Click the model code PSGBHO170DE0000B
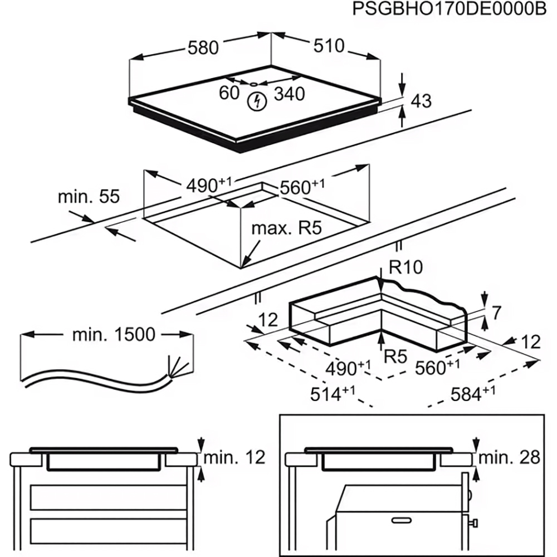coord(449,9)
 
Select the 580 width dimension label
coord(203,47)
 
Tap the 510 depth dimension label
coord(329,46)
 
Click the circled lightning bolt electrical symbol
coord(257,101)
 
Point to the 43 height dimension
coord(421,101)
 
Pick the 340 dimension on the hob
coord(290,94)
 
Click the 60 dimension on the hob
coord(229,93)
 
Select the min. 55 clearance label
coord(89,197)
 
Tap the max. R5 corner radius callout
coord(286,228)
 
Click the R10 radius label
coord(405,267)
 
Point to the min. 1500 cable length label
coord(114,334)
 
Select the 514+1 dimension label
coord(333,394)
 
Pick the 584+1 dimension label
coord(473,394)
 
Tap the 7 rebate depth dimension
coord(496,312)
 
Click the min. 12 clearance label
coord(234,457)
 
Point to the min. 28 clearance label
coord(510,457)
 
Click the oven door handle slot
coord(402,520)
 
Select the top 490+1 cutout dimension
coord(209,185)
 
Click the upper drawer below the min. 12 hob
coord(109,497)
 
